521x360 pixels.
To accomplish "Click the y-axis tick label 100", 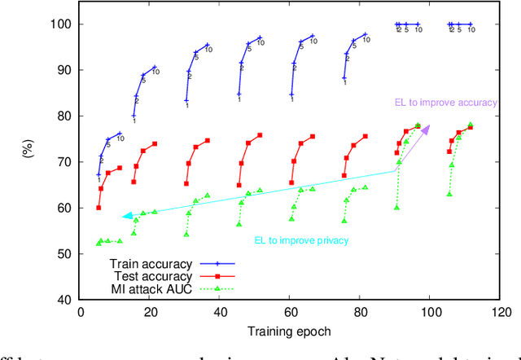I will click(x=61, y=24).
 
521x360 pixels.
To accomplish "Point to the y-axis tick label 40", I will click(x=64, y=300).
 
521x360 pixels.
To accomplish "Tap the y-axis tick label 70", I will click(x=64, y=162).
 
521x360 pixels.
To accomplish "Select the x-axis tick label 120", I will click(x=501, y=313).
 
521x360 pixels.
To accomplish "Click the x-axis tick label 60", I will click(x=290, y=313).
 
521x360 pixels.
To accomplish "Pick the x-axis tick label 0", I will click(x=80, y=313).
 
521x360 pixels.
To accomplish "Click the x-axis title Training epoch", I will click(x=290, y=331).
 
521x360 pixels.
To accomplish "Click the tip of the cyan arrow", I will click(x=122, y=217).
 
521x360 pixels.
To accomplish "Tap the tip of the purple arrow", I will click(x=430, y=126).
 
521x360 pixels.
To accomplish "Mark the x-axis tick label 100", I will click(x=431, y=313).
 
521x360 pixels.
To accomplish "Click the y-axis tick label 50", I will click(x=64, y=254).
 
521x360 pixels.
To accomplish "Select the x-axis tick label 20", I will click(x=150, y=313).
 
